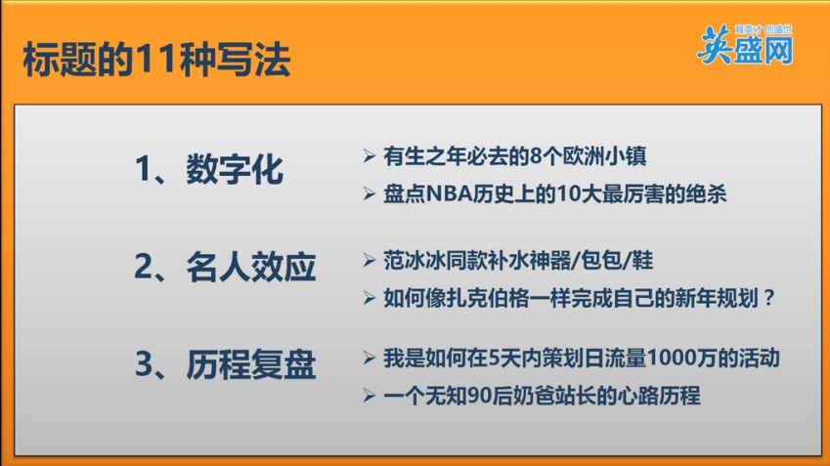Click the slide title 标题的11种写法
point(156,60)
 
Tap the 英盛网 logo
point(745,46)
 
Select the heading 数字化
point(235,169)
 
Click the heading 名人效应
point(251,267)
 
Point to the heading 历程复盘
point(251,364)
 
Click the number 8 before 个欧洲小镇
point(537,156)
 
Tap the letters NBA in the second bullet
point(449,194)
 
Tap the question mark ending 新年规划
point(769,298)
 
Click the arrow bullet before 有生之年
point(369,156)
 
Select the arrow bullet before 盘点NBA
point(369,194)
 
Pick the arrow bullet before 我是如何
point(369,359)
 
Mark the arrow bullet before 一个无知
point(369,396)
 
